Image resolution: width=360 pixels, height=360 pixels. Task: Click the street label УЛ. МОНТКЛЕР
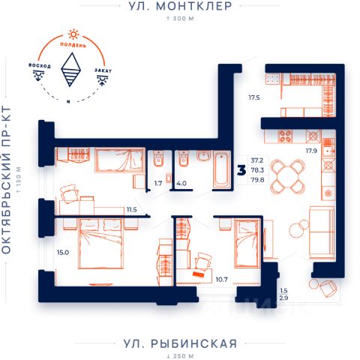pyautogui.click(x=180, y=6)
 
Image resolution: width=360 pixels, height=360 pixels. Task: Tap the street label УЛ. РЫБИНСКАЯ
pyautogui.click(x=180, y=343)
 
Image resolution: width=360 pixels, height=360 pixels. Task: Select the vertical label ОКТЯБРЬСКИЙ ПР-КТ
pyautogui.click(x=7, y=180)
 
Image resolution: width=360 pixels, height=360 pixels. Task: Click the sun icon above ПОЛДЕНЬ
pyautogui.click(x=73, y=34)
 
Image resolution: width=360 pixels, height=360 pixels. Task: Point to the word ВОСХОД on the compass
pyautogui.click(x=40, y=65)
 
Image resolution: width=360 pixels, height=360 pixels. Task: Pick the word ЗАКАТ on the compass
pyautogui.click(x=103, y=70)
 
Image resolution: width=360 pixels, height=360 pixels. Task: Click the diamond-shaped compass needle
pyautogui.click(x=71, y=70)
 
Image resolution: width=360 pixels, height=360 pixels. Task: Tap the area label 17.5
pyautogui.click(x=254, y=97)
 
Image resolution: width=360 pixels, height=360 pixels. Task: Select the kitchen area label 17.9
pyautogui.click(x=311, y=151)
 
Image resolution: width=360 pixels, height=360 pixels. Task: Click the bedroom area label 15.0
pyautogui.click(x=63, y=253)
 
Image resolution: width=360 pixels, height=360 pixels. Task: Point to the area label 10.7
pyautogui.click(x=221, y=280)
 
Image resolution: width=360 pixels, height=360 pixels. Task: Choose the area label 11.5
pyautogui.click(x=132, y=210)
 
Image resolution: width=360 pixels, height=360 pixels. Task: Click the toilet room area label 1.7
pyautogui.click(x=158, y=183)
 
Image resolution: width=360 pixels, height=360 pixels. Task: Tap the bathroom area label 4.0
pyautogui.click(x=181, y=183)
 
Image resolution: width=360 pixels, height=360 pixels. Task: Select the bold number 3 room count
pyautogui.click(x=241, y=170)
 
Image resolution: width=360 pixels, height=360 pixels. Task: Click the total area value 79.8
pyautogui.click(x=257, y=180)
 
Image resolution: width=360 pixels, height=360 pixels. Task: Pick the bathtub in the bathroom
pyautogui.click(x=222, y=169)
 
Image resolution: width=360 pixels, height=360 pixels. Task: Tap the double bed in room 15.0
pyautogui.click(x=101, y=243)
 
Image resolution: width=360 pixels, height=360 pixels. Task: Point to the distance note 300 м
pyautogui.click(x=180, y=19)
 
